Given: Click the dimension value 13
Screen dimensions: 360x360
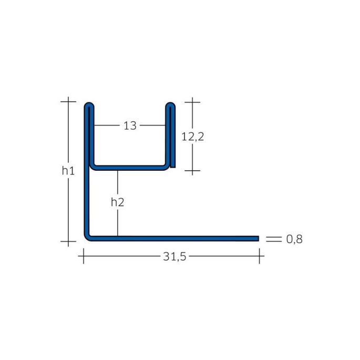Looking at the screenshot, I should click(130, 126).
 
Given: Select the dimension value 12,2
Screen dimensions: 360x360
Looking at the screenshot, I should click(192, 137).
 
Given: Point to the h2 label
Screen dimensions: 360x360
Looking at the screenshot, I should click(118, 201).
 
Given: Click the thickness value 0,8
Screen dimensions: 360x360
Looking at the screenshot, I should click(294, 239).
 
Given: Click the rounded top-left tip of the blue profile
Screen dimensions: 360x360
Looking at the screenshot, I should click(89, 106).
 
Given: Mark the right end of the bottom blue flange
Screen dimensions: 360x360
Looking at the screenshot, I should click(258, 239).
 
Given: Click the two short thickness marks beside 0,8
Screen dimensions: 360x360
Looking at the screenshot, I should click(272, 239).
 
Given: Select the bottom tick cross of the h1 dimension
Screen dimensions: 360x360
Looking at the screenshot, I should click(68, 241).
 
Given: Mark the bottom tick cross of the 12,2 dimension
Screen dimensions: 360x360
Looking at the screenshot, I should click(192, 171).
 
